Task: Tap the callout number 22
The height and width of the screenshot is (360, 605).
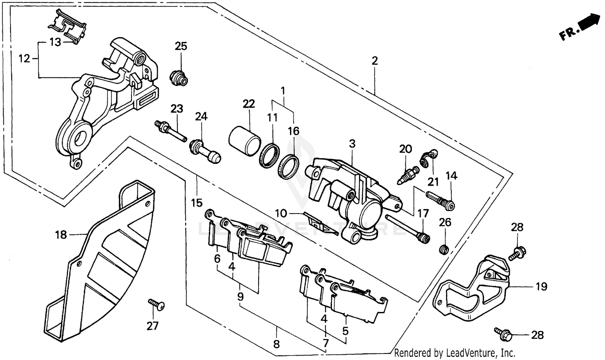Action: (249, 104)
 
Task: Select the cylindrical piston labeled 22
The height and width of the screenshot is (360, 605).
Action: (244, 141)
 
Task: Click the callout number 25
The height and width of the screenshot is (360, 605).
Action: (181, 46)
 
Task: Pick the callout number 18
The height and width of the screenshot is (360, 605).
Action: (61, 234)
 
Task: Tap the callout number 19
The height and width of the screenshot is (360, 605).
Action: (541, 287)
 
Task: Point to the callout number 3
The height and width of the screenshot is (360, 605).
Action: (352, 143)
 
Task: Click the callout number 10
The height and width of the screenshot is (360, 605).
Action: (281, 213)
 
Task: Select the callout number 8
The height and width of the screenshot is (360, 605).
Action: (276, 344)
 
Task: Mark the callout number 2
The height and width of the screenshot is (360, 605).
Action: (375, 61)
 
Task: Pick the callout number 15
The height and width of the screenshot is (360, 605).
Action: (196, 203)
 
